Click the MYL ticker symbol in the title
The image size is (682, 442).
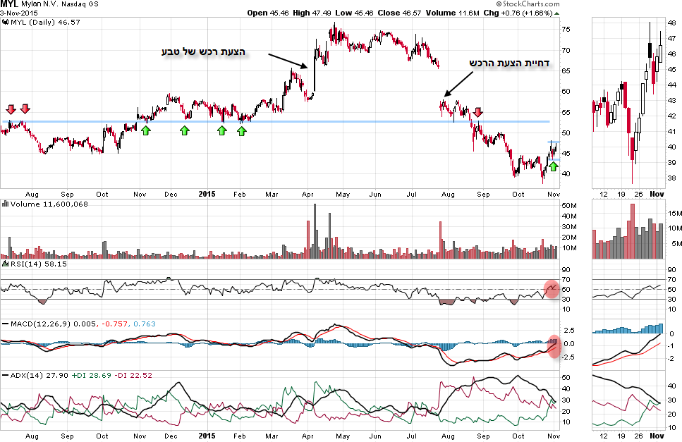coord(10,4)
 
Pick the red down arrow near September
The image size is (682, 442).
coord(478,112)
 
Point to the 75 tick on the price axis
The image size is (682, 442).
coord(566,30)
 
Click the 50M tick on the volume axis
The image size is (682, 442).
coord(569,205)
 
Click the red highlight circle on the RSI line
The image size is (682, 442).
coord(552,288)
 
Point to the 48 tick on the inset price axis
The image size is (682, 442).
coord(672,22)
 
